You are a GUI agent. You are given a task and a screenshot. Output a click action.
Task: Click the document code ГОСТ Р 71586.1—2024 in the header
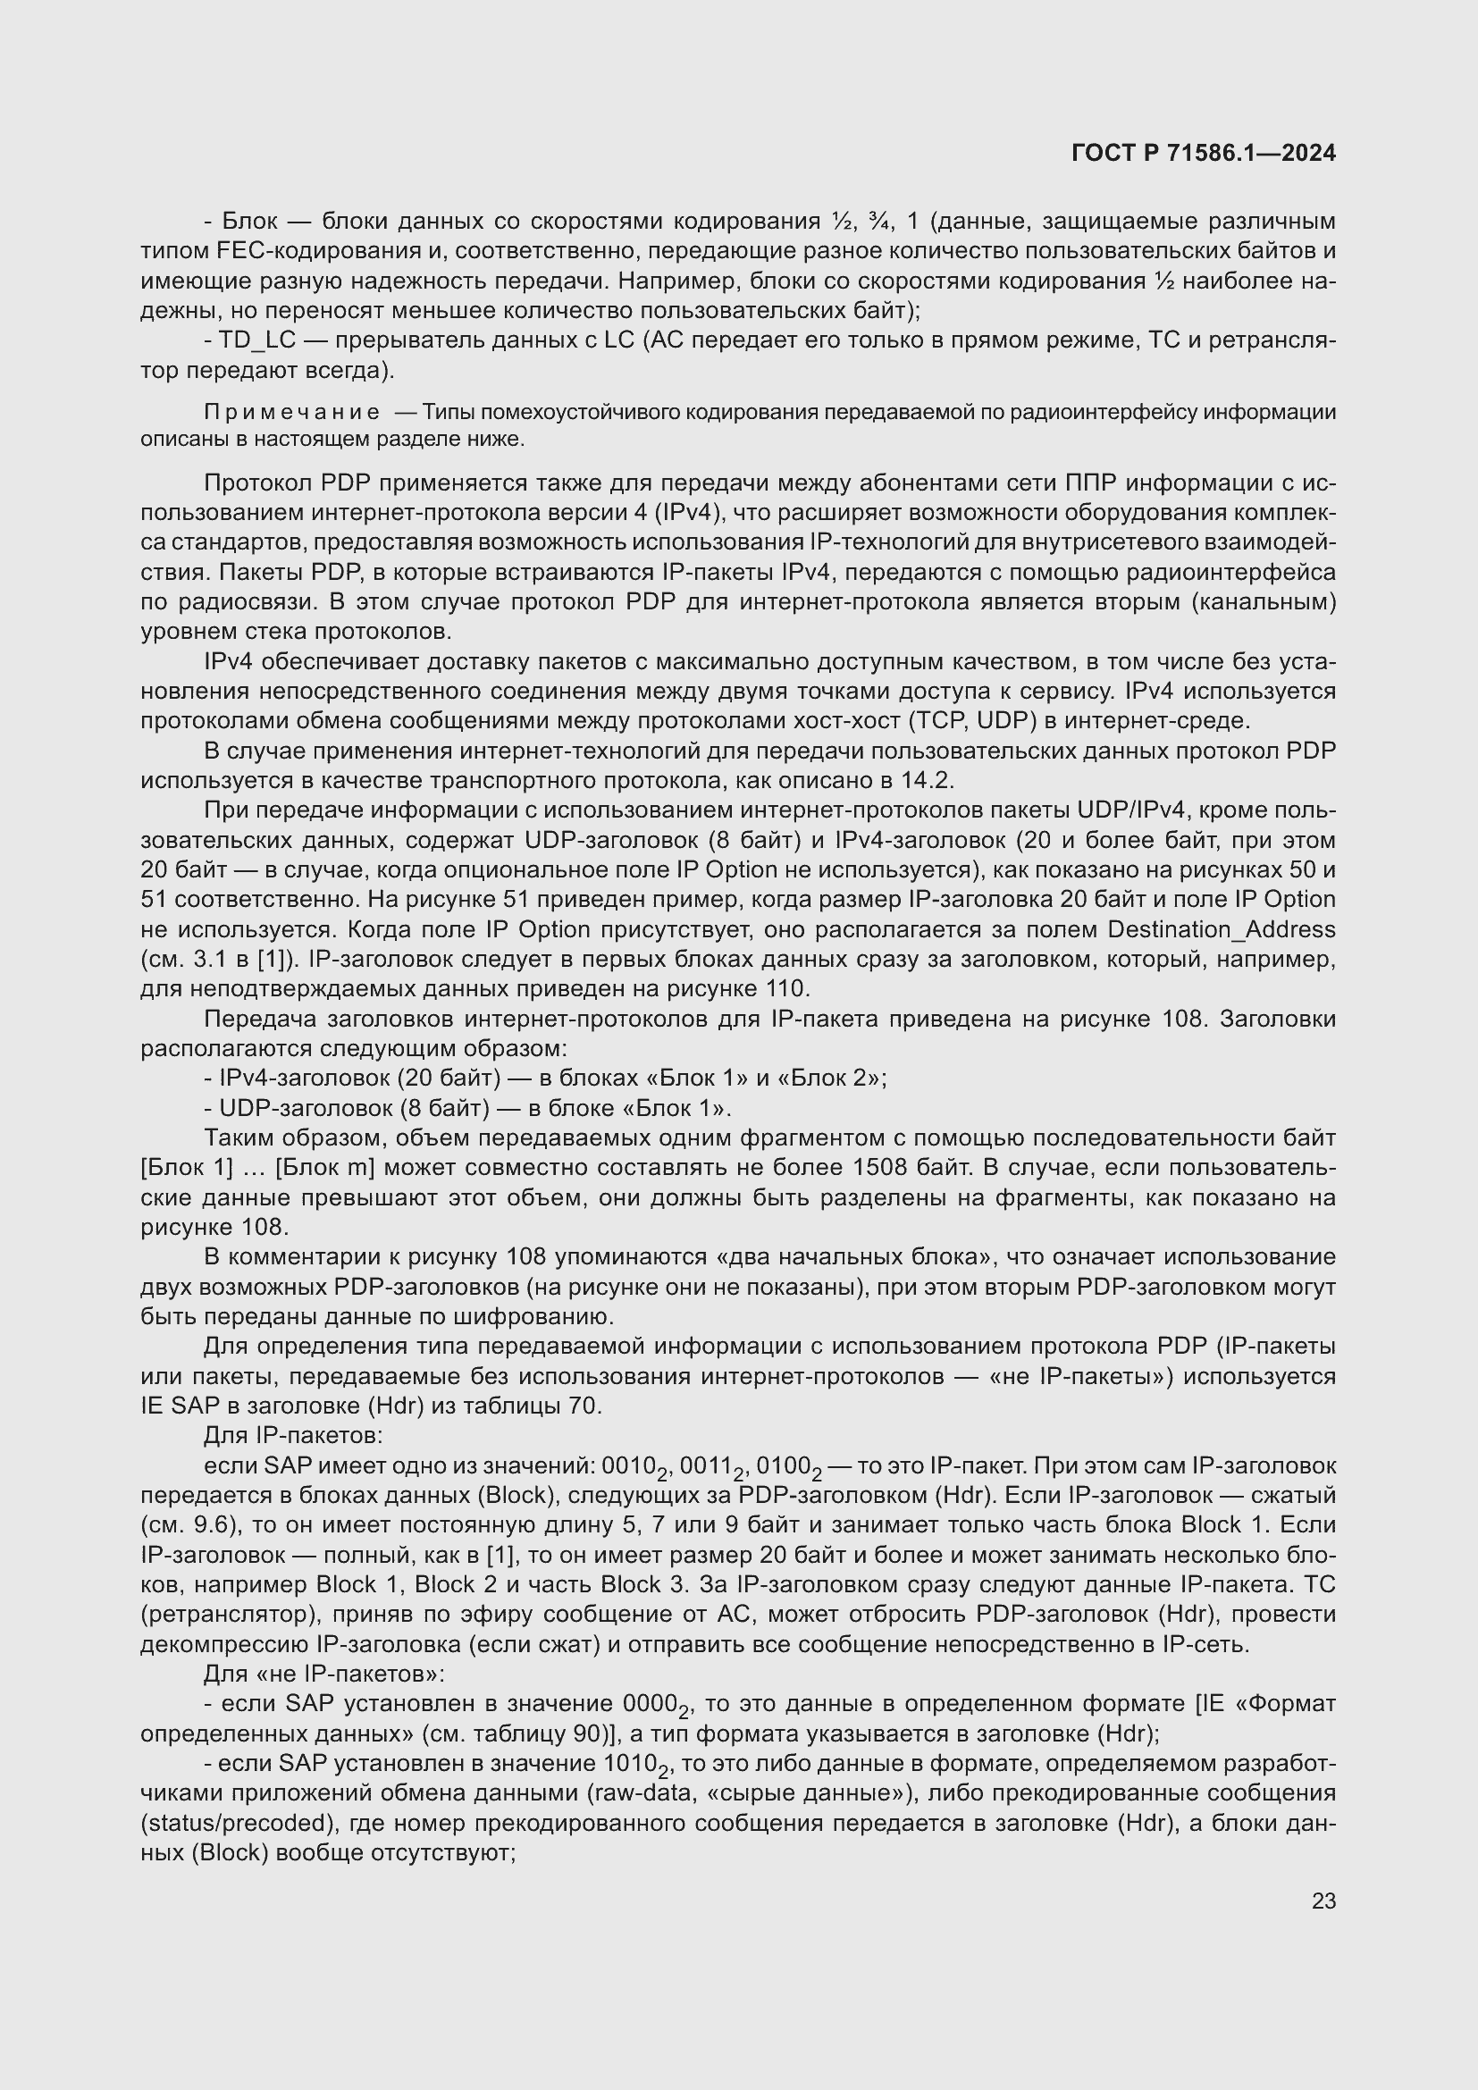[1203, 153]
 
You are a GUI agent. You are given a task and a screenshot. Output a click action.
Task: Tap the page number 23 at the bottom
[1323, 1901]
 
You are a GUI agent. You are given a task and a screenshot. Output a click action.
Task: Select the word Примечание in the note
[291, 412]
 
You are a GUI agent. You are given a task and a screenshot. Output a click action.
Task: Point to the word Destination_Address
[1222, 929]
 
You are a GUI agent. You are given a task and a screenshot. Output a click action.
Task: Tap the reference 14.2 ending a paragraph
[929, 780]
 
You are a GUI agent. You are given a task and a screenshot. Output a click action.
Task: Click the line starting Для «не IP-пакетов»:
[324, 1674]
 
